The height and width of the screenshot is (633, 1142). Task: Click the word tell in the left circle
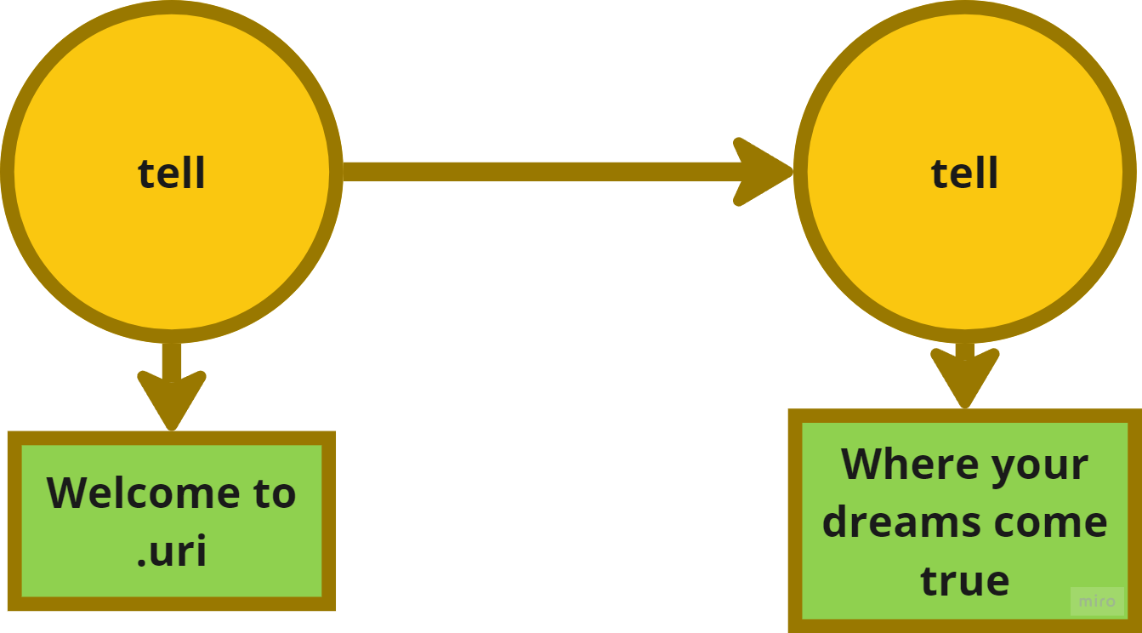pyautogui.click(x=172, y=174)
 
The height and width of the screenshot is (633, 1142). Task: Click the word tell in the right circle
pyautogui.click(x=964, y=174)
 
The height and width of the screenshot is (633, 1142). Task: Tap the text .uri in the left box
pyautogui.click(x=172, y=550)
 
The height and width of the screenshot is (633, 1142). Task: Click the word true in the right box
pyautogui.click(x=964, y=580)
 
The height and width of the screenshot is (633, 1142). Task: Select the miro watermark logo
pyautogui.click(x=1096, y=602)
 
